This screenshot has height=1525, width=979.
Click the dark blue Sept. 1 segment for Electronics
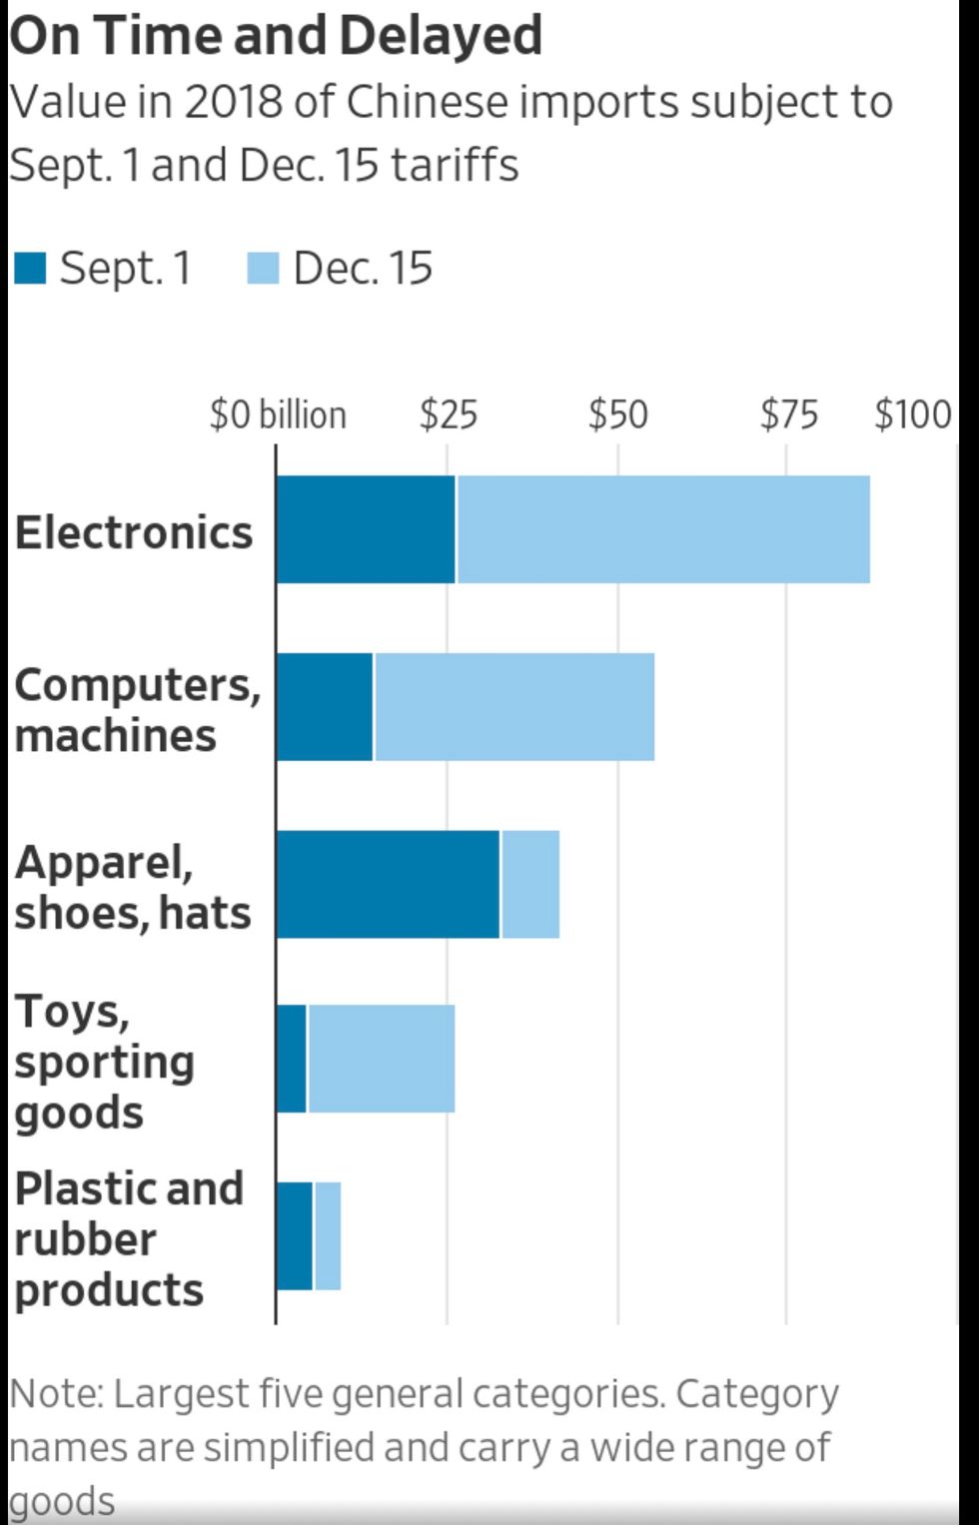click(366, 529)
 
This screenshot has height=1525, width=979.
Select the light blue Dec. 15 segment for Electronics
click(662, 529)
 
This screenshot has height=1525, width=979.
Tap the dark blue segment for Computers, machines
click(324, 707)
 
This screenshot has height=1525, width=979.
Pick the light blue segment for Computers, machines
click(513, 707)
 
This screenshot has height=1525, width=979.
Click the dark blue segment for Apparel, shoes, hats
click(388, 884)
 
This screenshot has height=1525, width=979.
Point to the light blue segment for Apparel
click(529, 884)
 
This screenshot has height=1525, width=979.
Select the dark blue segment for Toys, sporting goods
click(291, 1059)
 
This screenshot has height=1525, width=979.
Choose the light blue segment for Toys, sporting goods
click(381, 1059)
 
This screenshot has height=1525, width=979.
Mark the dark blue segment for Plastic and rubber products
click(294, 1235)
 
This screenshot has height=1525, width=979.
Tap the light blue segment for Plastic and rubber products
click(328, 1235)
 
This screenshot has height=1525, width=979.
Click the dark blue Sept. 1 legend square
click(31, 268)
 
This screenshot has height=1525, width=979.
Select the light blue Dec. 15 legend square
click(263, 268)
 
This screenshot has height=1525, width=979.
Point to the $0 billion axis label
click(278, 414)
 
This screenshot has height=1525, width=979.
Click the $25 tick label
click(449, 414)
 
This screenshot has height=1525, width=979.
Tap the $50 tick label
click(618, 414)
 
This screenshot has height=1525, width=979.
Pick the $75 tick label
click(788, 414)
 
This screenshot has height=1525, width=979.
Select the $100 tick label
click(913, 414)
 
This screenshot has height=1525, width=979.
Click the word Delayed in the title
click(440, 36)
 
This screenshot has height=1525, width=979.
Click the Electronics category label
click(134, 532)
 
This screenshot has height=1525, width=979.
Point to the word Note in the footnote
click(56, 1394)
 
